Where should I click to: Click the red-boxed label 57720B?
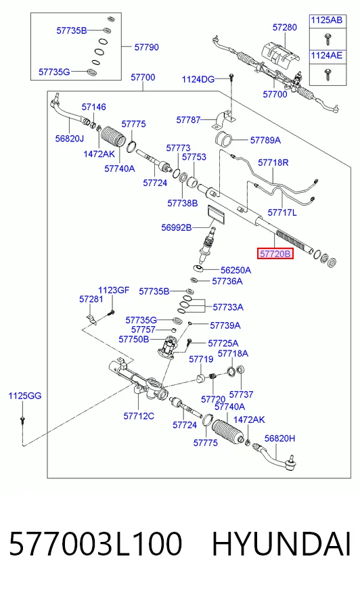275,254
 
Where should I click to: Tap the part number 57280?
285,27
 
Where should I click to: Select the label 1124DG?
198,79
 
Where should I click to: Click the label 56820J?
70,139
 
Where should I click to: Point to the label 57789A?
265,140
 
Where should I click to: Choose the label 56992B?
177,227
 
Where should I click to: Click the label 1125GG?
25,396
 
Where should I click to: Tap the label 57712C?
139,416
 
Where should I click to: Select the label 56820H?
280,438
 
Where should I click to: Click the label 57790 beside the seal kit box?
147,47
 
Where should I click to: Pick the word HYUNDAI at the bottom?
282,544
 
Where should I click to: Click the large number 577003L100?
95,544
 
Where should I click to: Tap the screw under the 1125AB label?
328,39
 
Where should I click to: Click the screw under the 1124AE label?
328,74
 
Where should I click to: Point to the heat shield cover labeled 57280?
280,55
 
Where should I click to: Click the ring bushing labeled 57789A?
224,139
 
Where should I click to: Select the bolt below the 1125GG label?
22,419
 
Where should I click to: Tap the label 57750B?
133,340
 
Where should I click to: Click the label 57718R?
273,162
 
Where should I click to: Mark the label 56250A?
236,270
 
